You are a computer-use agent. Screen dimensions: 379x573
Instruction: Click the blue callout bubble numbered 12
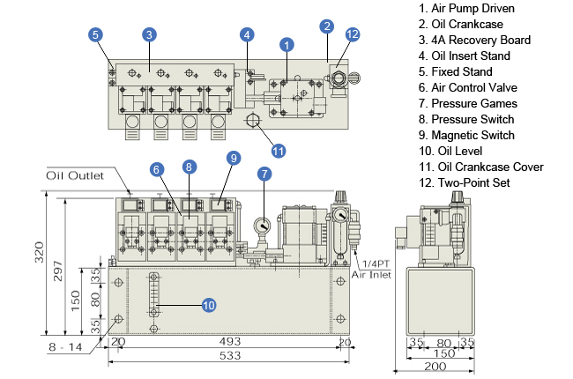pyautogui.click(x=353, y=35)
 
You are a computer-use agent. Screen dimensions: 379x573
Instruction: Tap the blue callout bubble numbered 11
pyautogui.click(x=279, y=150)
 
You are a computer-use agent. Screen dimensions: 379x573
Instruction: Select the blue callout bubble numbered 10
pyautogui.click(x=209, y=305)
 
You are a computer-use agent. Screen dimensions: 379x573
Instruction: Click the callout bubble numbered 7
pyautogui.click(x=263, y=175)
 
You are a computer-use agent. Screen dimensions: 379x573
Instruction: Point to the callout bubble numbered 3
pyautogui.click(x=150, y=34)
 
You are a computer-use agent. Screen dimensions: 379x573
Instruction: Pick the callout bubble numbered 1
pyautogui.click(x=286, y=43)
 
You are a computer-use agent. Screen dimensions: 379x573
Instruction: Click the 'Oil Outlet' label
pyautogui.click(x=75, y=175)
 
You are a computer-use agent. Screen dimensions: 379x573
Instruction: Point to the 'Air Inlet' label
pyautogui.click(x=369, y=275)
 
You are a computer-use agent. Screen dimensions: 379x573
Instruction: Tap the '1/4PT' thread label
pyautogui.click(x=373, y=264)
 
